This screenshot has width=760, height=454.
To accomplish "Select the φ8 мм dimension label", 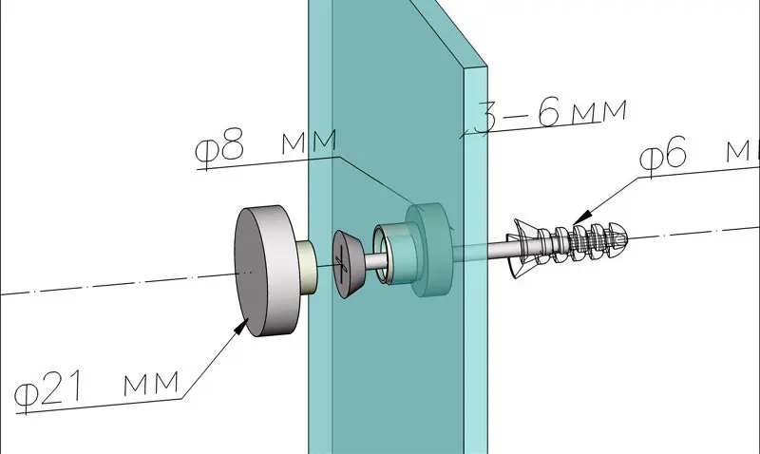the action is coord(266,144).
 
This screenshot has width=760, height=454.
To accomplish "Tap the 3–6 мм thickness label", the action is coord(550,114).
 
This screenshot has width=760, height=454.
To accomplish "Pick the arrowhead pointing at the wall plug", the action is coord(584,217).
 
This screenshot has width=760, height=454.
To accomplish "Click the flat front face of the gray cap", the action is coord(251,272).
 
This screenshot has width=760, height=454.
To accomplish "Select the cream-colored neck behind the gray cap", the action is coord(308,267).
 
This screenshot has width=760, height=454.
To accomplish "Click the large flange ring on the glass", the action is coord(431,250).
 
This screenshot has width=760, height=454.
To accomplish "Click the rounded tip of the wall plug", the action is coord(617,236).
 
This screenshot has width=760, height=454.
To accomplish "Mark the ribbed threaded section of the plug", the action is coord(581,241).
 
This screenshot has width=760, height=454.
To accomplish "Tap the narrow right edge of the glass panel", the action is coord(476,261).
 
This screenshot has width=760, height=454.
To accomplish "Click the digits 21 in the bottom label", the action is coord(61,388).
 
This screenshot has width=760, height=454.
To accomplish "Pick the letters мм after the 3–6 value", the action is coord(599,110).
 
